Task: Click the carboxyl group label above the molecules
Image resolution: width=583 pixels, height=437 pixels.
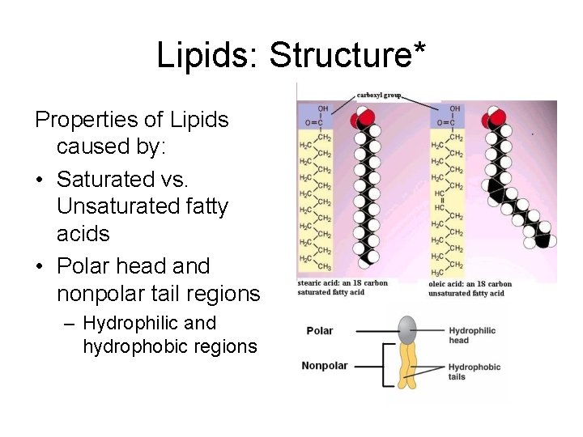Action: point(379,94)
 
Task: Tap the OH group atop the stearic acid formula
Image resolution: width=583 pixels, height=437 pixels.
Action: point(323,108)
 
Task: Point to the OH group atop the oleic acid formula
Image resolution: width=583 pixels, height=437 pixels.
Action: point(454,108)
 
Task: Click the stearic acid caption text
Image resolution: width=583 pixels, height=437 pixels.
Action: point(343,287)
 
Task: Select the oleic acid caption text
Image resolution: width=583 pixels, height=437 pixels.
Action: point(470,289)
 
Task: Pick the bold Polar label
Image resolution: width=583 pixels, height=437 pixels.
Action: point(320,330)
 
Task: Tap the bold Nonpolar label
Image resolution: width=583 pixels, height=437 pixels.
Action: point(325,366)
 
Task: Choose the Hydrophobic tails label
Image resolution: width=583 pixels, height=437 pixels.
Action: point(474,371)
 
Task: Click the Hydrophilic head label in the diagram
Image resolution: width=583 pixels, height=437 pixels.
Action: point(472,335)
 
